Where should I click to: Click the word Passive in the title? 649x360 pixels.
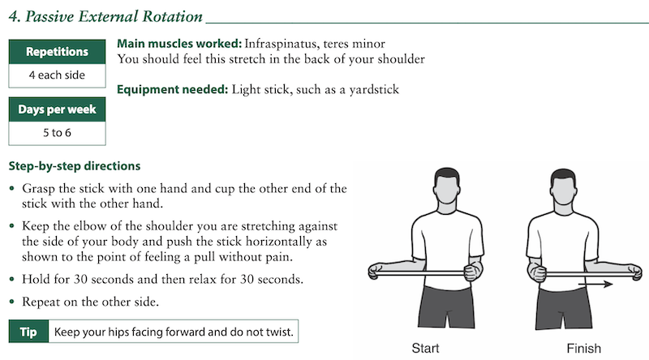[x=49, y=16]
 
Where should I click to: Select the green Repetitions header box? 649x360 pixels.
[x=57, y=52]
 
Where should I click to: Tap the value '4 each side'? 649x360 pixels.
[x=57, y=75]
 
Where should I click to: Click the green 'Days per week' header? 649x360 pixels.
[x=57, y=109]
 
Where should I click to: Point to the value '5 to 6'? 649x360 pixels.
[x=57, y=132]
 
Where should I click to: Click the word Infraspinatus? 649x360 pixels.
[x=280, y=44]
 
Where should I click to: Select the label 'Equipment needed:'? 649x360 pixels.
[x=172, y=89]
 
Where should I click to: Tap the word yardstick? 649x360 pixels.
[x=374, y=89]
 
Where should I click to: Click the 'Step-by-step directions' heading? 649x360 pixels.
[x=75, y=166]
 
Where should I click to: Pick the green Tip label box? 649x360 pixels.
[x=28, y=332]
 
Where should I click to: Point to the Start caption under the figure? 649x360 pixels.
[x=425, y=348]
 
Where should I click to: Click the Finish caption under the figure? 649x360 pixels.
[x=583, y=348]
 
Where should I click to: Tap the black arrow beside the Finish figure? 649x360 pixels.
[x=595, y=284]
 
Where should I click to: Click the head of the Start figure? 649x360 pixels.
[x=447, y=186]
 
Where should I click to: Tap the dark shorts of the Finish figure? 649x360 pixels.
[x=563, y=308]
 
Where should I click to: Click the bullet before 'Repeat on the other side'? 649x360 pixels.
[x=12, y=302]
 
